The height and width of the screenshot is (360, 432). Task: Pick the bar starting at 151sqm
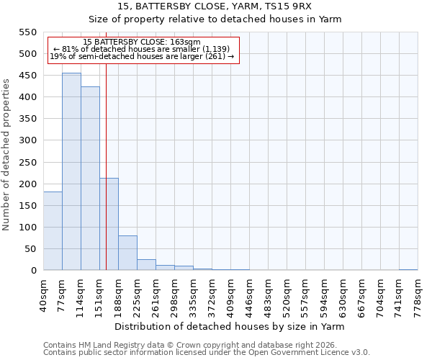click(x=109, y=224)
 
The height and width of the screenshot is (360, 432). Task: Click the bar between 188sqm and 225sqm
click(x=127, y=253)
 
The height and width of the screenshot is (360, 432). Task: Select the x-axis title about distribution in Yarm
click(x=230, y=326)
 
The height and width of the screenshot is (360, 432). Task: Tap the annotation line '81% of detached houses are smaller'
click(x=142, y=49)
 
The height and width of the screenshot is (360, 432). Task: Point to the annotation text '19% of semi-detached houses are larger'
click(x=142, y=56)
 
